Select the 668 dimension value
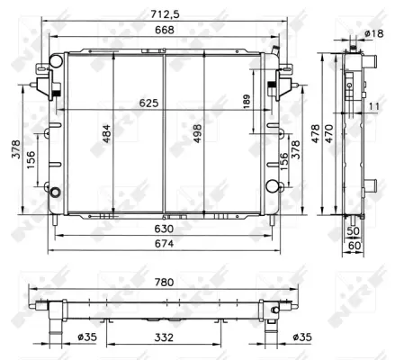(x=161, y=31)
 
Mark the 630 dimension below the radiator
(x=163, y=229)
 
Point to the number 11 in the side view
(x=373, y=106)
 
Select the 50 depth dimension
(x=353, y=230)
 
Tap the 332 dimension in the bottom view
(x=163, y=337)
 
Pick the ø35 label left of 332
(x=87, y=337)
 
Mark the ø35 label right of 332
(x=304, y=337)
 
